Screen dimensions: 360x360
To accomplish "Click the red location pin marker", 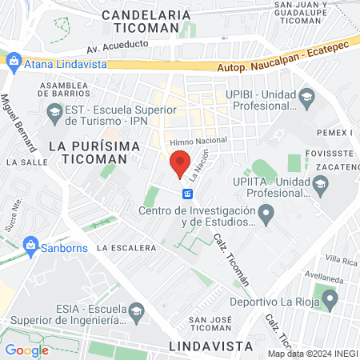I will point(181,163).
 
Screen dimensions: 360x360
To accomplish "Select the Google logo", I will point(26,350).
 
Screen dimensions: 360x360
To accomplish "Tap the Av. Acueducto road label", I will point(118,49).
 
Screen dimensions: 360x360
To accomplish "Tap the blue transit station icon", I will point(187,194).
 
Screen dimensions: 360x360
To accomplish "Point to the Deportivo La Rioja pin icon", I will point(329,300).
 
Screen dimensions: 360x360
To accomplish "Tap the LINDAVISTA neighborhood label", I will point(211,346).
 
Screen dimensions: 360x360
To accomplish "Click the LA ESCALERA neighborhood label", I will point(126,248).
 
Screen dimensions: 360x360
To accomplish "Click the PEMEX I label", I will point(339,131).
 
